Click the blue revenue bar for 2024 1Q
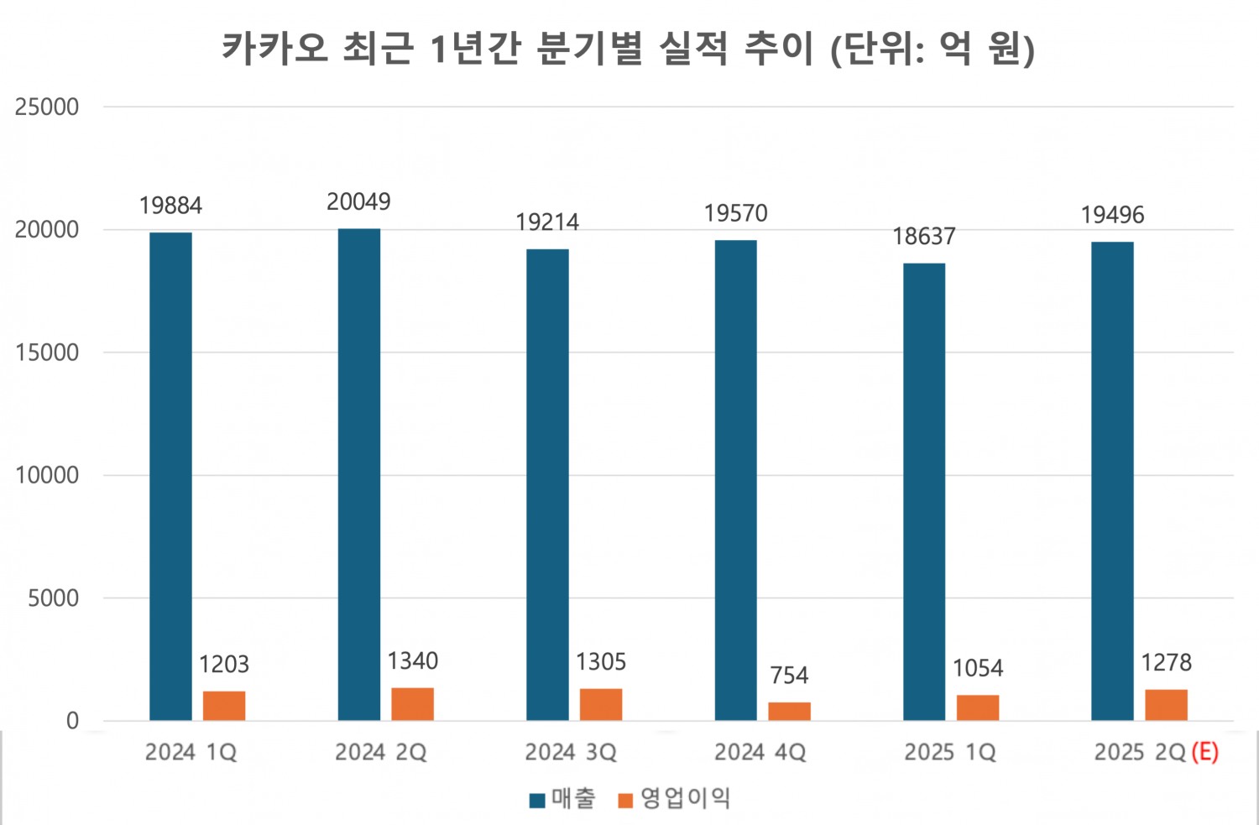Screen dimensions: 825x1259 [x=170, y=476]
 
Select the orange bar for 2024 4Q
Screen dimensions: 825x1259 [x=790, y=711]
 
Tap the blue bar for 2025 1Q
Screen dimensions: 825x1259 [x=924, y=492]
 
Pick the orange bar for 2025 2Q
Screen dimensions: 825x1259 [x=1166, y=705]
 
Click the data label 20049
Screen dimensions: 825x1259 [x=358, y=202]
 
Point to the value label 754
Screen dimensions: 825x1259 [x=789, y=676]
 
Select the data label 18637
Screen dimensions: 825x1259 [x=923, y=237]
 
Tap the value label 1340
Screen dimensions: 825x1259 [x=412, y=661]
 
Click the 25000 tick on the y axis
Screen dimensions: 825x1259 [x=47, y=107]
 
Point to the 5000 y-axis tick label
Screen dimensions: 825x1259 [x=53, y=598]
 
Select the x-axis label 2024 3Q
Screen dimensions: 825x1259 [x=571, y=752]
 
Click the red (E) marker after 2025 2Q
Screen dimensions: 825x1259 [x=1204, y=752]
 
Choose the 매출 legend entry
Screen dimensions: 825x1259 [x=563, y=799]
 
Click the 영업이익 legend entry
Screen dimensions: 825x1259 [x=675, y=799]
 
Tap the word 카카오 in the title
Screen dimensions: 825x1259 [x=274, y=48]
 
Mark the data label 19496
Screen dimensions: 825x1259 [x=1112, y=216]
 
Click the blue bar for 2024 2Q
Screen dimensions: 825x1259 [x=359, y=474]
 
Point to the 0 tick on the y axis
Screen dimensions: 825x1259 [x=72, y=721]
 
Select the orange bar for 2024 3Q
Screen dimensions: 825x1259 [x=601, y=704]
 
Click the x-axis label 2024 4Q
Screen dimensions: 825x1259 [x=760, y=752]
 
